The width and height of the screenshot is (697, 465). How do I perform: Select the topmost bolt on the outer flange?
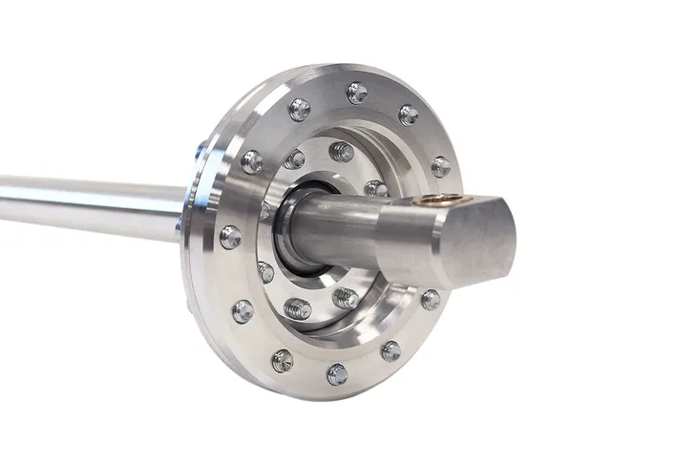click(357, 93)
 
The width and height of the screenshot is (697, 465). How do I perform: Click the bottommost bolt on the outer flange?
click(337, 374)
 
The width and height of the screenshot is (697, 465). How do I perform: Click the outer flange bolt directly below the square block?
click(431, 300)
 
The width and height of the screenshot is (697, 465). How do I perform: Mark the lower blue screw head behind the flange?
click(179, 223)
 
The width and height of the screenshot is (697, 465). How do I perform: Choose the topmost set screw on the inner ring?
click(342, 151)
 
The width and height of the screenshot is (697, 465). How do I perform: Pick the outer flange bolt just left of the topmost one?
click(300, 109)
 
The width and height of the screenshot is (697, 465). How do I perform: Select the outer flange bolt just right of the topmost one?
click(409, 115)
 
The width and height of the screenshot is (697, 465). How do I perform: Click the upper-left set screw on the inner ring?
click(294, 159)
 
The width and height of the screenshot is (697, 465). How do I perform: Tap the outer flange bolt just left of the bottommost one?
click(283, 361)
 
